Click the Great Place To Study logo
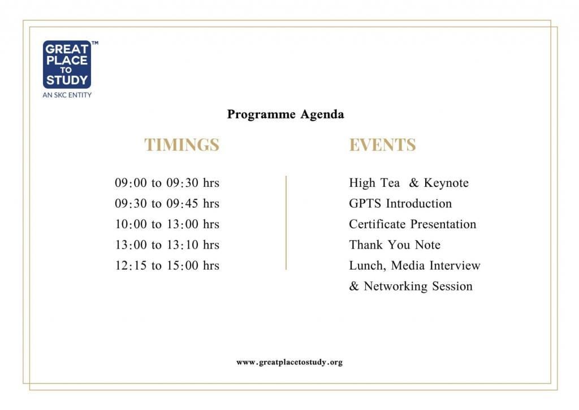(x=67, y=65)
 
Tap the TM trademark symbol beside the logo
(x=95, y=43)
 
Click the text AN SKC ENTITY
(x=67, y=95)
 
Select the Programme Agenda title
(x=286, y=114)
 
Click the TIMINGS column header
(x=182, y=144)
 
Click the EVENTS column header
(x=383, y=144)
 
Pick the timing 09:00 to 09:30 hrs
(x=167, y=183)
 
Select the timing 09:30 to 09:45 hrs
(x=167, y=203)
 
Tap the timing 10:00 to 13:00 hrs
(x=167, y=224)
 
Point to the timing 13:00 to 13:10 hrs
(x=167, y=245)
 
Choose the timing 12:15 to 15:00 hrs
(x=167, y=266)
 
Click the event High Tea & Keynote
(x=409, y=183)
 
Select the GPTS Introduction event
(x=400, y=203)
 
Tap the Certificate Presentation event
(x=412, y=224)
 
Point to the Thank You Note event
(x=395, y=245)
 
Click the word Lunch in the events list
(x=367, y=266)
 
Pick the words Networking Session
(x=418, y=287)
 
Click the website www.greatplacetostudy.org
(x=289, y=362)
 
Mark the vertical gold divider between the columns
(x=286, y=223)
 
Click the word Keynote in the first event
(x=446, y=183)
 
